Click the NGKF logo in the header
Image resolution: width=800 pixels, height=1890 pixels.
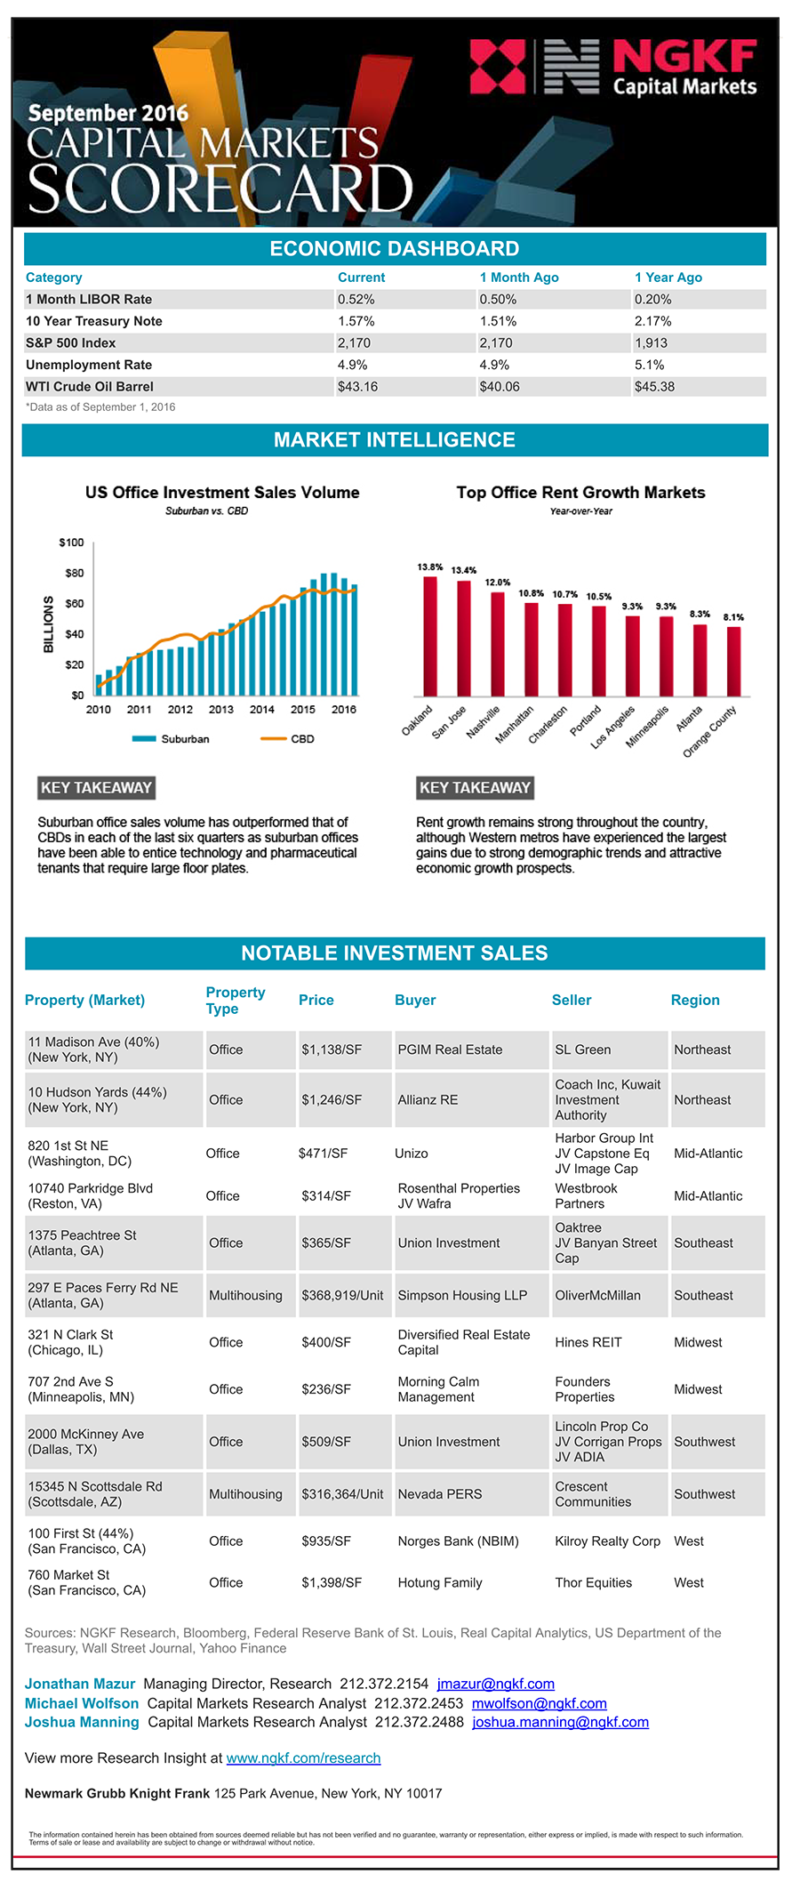tap(612, 67)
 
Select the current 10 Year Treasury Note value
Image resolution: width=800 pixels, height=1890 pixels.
tap(356, 321)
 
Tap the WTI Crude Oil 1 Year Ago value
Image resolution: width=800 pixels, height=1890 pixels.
tap(654, 387)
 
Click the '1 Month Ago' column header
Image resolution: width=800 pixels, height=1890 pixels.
tap(519, 277)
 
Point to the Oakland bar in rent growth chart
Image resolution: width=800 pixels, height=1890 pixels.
tap(430, 636)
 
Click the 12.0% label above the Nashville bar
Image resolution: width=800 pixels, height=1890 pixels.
tap(498, 582)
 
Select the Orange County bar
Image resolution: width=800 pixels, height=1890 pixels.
tap(733, 661)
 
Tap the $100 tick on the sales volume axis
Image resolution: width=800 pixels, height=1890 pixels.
tap(71, 543)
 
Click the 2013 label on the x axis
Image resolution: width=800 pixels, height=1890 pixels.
tap(220, 710)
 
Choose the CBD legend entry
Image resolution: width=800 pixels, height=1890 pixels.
tap(289, 739)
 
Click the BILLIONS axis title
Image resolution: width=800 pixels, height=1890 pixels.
tap(49, 624)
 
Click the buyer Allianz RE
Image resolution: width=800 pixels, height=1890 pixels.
tap(428, 1100)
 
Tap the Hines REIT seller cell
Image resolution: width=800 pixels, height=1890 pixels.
tap(588, 1342)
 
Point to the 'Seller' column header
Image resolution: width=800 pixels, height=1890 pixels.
tap(572, 1000)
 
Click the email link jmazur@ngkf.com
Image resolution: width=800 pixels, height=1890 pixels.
tap(495, 1684)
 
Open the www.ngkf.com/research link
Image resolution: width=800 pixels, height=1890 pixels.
tap(303, 1757)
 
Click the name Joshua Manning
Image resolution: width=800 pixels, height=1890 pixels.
tap(82, 1722)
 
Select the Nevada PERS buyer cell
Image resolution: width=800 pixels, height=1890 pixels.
tap(440, 1494)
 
